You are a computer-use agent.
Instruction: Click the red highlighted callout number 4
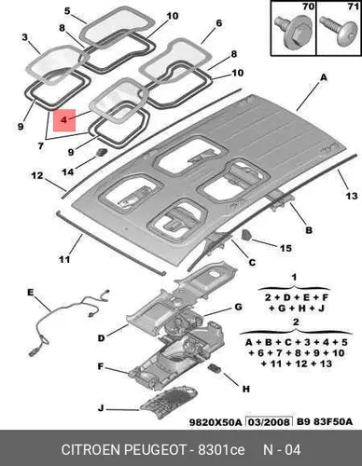pyautogui.click(x=64, y=120)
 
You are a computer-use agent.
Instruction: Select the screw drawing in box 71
pyautogui.click(x=339, y=32)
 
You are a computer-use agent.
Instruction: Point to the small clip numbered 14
pyautogui.click(x=102, y=152)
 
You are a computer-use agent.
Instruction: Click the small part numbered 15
pyautogui.click(x=246, y=235)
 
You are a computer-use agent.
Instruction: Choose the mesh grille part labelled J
pyautogui.click(x=169, y=403)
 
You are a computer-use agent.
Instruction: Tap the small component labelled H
pyautogui.click(x=215, y=368)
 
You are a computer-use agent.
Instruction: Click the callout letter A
pyautogui.click(x=324, y=77)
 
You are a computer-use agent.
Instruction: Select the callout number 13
pyautogui.click(x=352, y=196)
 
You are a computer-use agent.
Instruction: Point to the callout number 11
pyautogui.click(x=64, y=259)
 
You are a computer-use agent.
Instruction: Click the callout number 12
pyautogui.click(x=37, y=175)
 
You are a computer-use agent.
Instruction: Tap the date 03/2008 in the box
pyautogui.click(x=270, y=422)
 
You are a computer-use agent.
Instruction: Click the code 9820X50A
pyautogui.click(x=216, y=422)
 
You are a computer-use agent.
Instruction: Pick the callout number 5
pyautogui.click(x=67, y=11)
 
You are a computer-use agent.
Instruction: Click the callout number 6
pyautogui.click(x=219, y=23)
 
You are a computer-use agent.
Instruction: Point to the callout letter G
pyautogui.click(x=238, y=307)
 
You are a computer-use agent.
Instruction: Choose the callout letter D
pyautogui.click(x=102, y=338)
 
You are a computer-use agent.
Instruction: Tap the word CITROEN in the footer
pyautogui.click(x=90, y=450)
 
